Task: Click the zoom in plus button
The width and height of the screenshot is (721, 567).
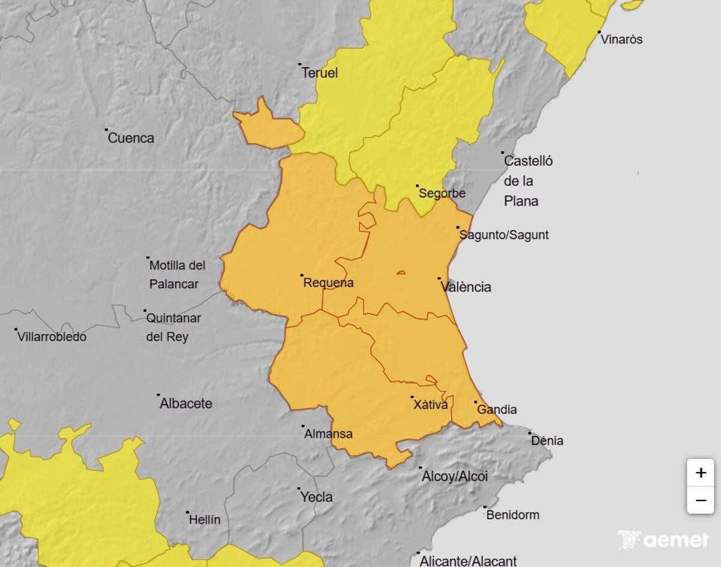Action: coord(701,473)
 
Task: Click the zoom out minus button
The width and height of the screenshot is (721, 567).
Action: coord(701,500)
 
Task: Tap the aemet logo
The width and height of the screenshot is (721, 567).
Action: coord(663,539)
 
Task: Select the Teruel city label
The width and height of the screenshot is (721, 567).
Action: coord(320,73)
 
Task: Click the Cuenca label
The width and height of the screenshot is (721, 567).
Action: coord(131,138)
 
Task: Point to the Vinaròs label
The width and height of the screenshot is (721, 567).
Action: coord(622,40)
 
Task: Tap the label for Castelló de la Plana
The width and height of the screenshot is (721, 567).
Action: coord(528,181)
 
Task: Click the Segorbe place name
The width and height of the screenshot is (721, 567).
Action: coord(442,193)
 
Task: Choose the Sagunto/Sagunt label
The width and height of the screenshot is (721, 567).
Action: coord(504,235)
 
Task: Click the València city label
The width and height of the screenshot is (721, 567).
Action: coord(466,287)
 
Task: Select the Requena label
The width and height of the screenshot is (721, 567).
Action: coord(329,283)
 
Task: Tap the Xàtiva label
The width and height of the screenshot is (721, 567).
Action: coord(431,405)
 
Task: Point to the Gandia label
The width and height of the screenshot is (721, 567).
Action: coord(497,410)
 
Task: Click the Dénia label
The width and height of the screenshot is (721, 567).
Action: coord(547,441)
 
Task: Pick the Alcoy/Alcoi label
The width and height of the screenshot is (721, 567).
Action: coord(455,476)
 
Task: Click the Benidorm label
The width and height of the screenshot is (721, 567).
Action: coord(513,515)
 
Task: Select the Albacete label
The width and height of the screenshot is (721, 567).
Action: coord(186,404)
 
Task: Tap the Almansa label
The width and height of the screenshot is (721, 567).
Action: coord(329,434)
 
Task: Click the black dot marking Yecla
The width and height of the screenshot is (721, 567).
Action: coord(299,489)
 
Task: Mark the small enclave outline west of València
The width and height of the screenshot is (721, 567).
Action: coord(401,273)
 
